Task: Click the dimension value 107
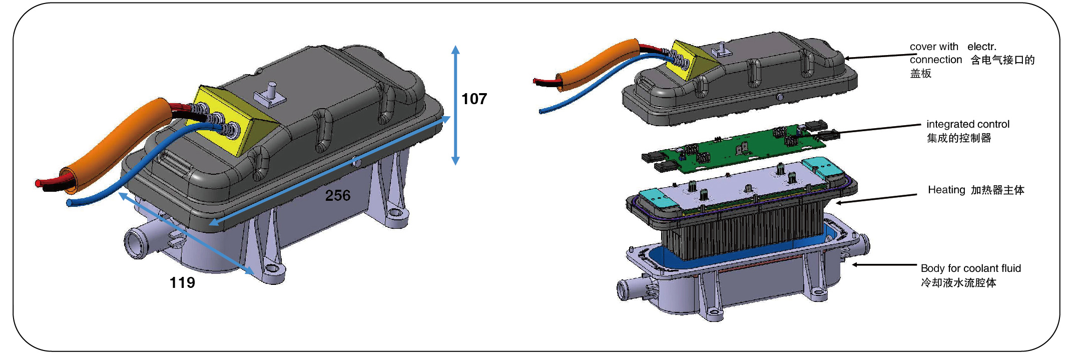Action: point(474,99)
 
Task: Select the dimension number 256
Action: point(338,195)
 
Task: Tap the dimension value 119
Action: point(182,283)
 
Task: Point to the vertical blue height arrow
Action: point(455,105)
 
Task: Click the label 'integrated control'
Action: point(968,124)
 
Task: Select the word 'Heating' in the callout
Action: point(946,190)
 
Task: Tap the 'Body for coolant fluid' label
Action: point(971,268)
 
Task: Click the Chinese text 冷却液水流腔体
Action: point(958,283)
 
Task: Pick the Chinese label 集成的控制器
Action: point(959,138)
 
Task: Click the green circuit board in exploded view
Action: point(736,148)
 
